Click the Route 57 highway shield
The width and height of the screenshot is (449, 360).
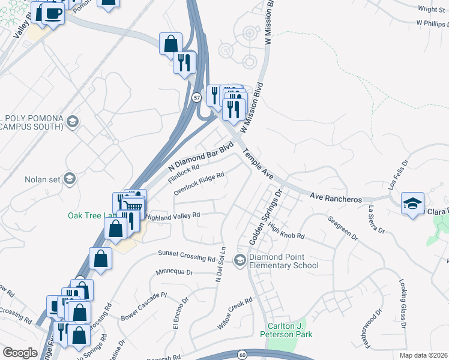click(x=197, y=97)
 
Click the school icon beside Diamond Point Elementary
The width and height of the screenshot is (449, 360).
click(x=240, y=259)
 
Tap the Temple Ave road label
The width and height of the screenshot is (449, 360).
click(x=259, y=164)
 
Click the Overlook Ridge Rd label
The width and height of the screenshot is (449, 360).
click(x=199, y=184)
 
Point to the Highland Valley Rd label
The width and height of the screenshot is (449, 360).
click(x=173, y=217)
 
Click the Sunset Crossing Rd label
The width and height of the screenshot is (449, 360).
click(x=186, y=256)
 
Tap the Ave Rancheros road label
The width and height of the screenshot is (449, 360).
click(x=336, y=198)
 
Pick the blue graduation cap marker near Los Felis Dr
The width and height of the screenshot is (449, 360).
click(x=413, y=203)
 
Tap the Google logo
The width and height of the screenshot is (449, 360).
click(x=19, y=353)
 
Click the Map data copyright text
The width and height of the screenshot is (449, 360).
click(x=424, y=355)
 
